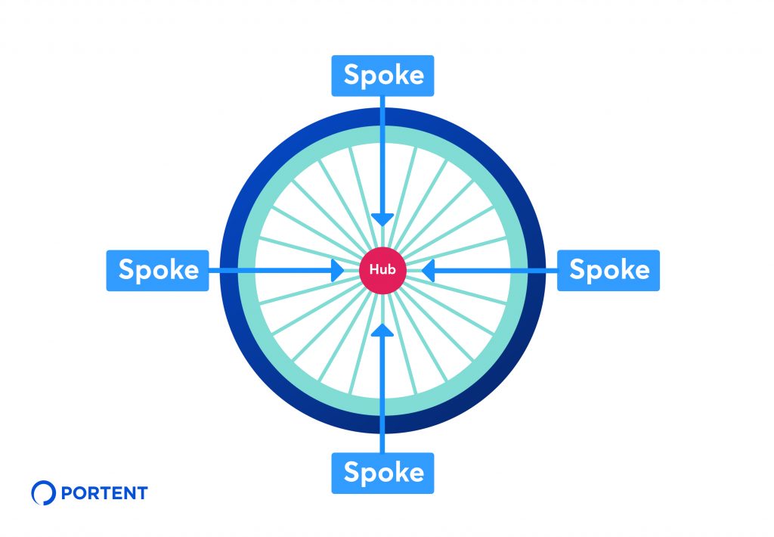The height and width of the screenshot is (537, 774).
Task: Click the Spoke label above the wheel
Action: point(382,76)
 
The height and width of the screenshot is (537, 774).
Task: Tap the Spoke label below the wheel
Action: point(382,473)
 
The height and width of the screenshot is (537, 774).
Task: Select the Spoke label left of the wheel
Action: point(157,270)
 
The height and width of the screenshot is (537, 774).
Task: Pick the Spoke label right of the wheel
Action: point(608,270)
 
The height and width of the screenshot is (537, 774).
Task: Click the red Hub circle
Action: point(382,270)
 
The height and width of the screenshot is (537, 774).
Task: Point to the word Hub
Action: point(382,269)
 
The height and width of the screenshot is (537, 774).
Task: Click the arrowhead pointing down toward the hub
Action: point(382,219)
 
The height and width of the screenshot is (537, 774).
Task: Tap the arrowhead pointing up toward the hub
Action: point(382,330)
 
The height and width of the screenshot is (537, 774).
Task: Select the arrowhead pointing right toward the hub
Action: point(338,270)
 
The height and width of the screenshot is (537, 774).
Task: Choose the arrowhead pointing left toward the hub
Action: point(428,270)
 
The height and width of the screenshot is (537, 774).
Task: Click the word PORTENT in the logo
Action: point(104,493)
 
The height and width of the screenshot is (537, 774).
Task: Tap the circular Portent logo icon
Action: point(43,492)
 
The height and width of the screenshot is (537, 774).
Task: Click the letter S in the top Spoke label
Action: point(351,75)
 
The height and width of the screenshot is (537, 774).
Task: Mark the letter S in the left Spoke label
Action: point(126,269)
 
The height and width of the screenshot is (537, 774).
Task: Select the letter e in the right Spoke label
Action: point(641,272)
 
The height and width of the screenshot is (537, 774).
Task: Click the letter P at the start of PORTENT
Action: point(67,493)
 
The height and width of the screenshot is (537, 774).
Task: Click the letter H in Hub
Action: point(373,269)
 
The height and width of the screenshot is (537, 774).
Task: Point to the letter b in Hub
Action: point(392,269)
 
